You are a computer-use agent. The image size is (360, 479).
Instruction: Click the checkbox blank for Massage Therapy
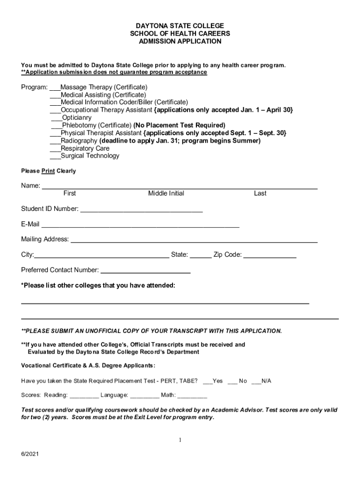pyautogui.click(x=55, y=88)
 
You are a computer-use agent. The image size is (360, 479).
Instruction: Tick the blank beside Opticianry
pyautogui.click(x=57, y=118)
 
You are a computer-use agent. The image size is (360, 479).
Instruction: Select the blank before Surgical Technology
pyautogui.click(x=55, y=156)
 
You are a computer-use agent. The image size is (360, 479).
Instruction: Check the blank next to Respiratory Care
pyautogui.click(x=55, y=149)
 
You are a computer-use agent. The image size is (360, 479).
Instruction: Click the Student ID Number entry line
pyautogui.click(x=141, y=210)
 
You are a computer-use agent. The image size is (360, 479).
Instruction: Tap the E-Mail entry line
pyautogui.click(x=140, y=225)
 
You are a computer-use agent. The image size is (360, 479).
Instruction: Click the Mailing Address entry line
pyautogui.click(x=194, y=241)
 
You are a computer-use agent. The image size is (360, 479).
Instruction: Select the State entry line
pyautogui.click(x=201, y=256)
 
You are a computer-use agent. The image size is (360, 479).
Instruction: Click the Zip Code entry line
pyautogui.click(x=270, y=256)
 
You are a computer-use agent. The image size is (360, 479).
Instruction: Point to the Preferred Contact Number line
pyautogui.click(x=145, y=271)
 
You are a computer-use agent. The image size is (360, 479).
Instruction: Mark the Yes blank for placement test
pyautogui.click(x=208, y=382)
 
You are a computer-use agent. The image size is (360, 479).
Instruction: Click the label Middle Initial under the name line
pyautogui.click(x=166, y=194)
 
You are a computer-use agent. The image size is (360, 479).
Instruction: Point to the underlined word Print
pyautogui.click(x=48, y=171)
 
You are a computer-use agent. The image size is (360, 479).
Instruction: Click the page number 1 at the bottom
pyautogui.click(x=180, y=440)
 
